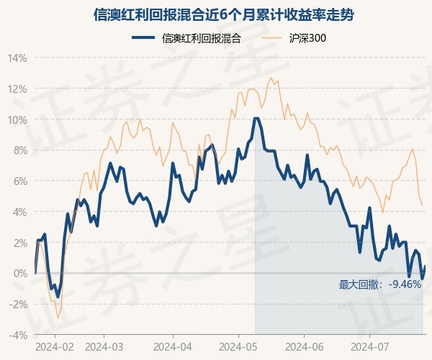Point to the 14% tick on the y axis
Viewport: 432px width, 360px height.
point(18,58)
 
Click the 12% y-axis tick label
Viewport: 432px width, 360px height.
point(18,89)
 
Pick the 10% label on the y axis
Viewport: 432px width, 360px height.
point(18,120)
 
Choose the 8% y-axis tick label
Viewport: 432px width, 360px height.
point(20,150)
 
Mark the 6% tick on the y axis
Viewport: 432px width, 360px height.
point(20,181)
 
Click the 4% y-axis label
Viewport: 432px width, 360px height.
point(20,212)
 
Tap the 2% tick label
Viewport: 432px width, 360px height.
point(20,243)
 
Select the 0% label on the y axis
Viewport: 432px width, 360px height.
point(20,274)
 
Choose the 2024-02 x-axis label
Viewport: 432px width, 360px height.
point(55,346)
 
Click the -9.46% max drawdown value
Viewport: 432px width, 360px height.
point(405,284)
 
